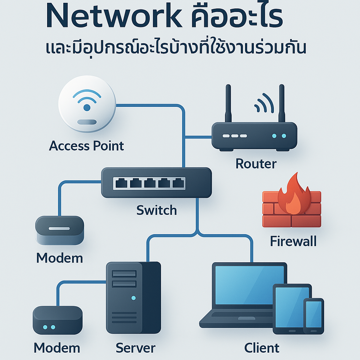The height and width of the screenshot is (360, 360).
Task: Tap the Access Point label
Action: (x=86, y=146)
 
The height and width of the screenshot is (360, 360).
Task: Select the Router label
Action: (x=256, y=163)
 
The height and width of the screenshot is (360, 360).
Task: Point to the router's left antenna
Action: (x=228, y=103)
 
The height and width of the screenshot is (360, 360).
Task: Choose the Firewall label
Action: (x=293, y=241)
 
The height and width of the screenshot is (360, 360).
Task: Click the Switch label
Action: (x=156, y=210)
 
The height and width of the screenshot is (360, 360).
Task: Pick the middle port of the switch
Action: (x=149, y=183)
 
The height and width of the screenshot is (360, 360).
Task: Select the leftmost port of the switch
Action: (x=121, y=183)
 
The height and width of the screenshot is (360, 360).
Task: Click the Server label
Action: (x=135, y=348)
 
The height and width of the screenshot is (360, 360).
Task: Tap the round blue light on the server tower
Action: (x=133, y=298)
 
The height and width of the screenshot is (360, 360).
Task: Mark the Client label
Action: (x=262, y=348)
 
